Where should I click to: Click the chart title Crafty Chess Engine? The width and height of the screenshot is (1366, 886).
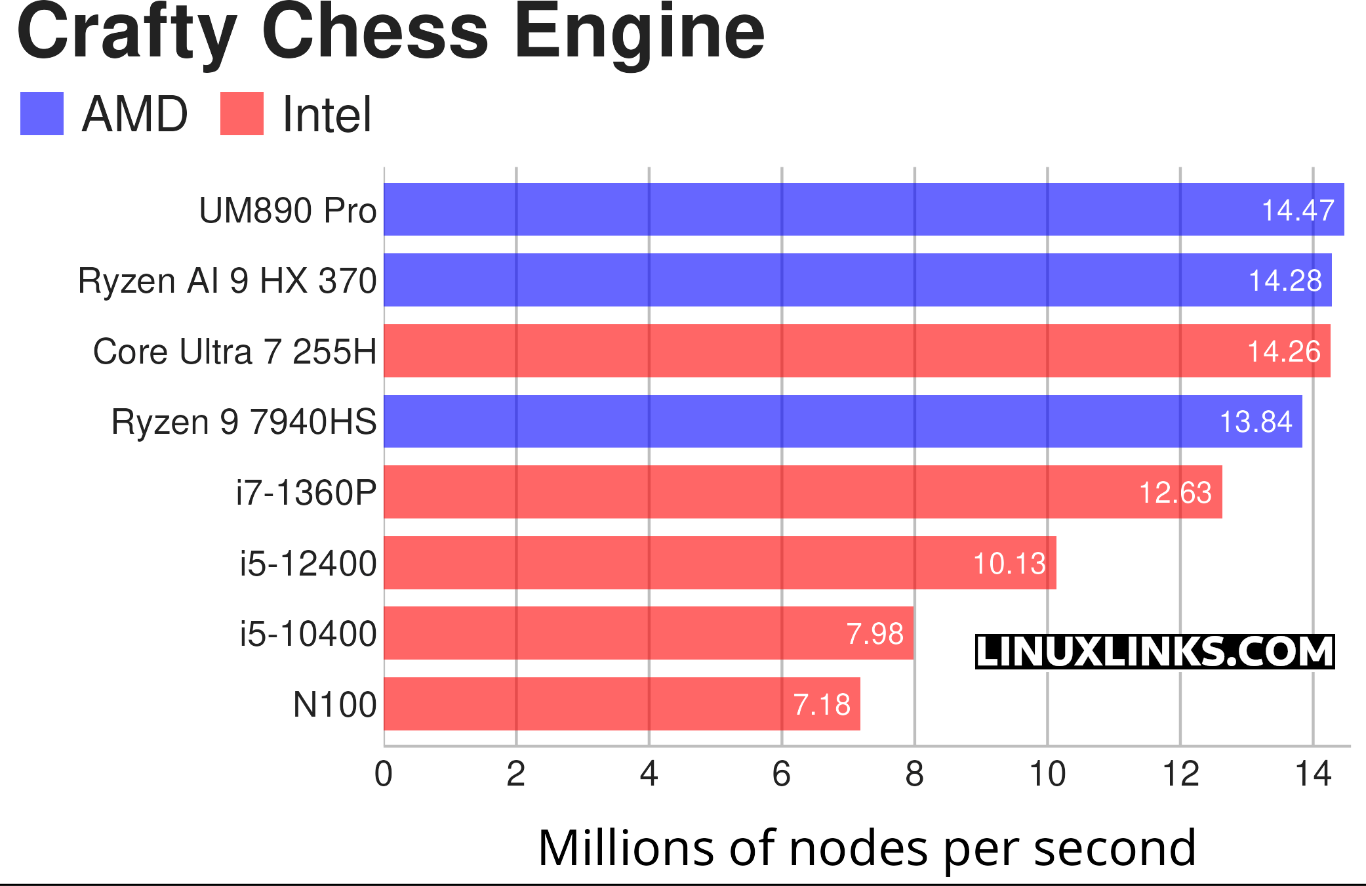tap(391, 33)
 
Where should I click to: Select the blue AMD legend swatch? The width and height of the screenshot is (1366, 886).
tap(42, 114)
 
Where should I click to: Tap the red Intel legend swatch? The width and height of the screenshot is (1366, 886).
tap(241, 114)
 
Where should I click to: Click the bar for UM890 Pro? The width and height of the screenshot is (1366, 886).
tap(787, 209)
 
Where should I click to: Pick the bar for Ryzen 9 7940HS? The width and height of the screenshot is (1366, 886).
tap(787, 421)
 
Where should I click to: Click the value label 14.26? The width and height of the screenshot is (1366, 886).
tap(1283, 351)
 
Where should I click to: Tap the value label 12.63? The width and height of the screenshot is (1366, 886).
tap(1175, 492)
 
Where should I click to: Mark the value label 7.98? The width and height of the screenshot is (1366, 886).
tap(875, 633)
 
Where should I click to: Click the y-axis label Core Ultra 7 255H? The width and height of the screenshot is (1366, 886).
tap(235, 351)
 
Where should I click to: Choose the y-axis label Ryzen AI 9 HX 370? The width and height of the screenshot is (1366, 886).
tap(227, 280)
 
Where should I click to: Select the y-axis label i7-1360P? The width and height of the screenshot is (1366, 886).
tap(306, 492)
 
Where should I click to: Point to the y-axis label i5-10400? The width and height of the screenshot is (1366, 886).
tap(308, 633)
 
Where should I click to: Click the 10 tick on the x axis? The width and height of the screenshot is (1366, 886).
tap(1047, 774)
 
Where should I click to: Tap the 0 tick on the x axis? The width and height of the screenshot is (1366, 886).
tap(384, 774)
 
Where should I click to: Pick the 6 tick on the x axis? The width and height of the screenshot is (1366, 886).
tap(782, 774)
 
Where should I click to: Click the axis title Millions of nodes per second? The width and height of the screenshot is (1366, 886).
tap(867, 848)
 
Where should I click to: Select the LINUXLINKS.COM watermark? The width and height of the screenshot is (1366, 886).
tap(1154, 652)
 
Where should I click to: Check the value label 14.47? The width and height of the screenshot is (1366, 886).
tap(1298, 210)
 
